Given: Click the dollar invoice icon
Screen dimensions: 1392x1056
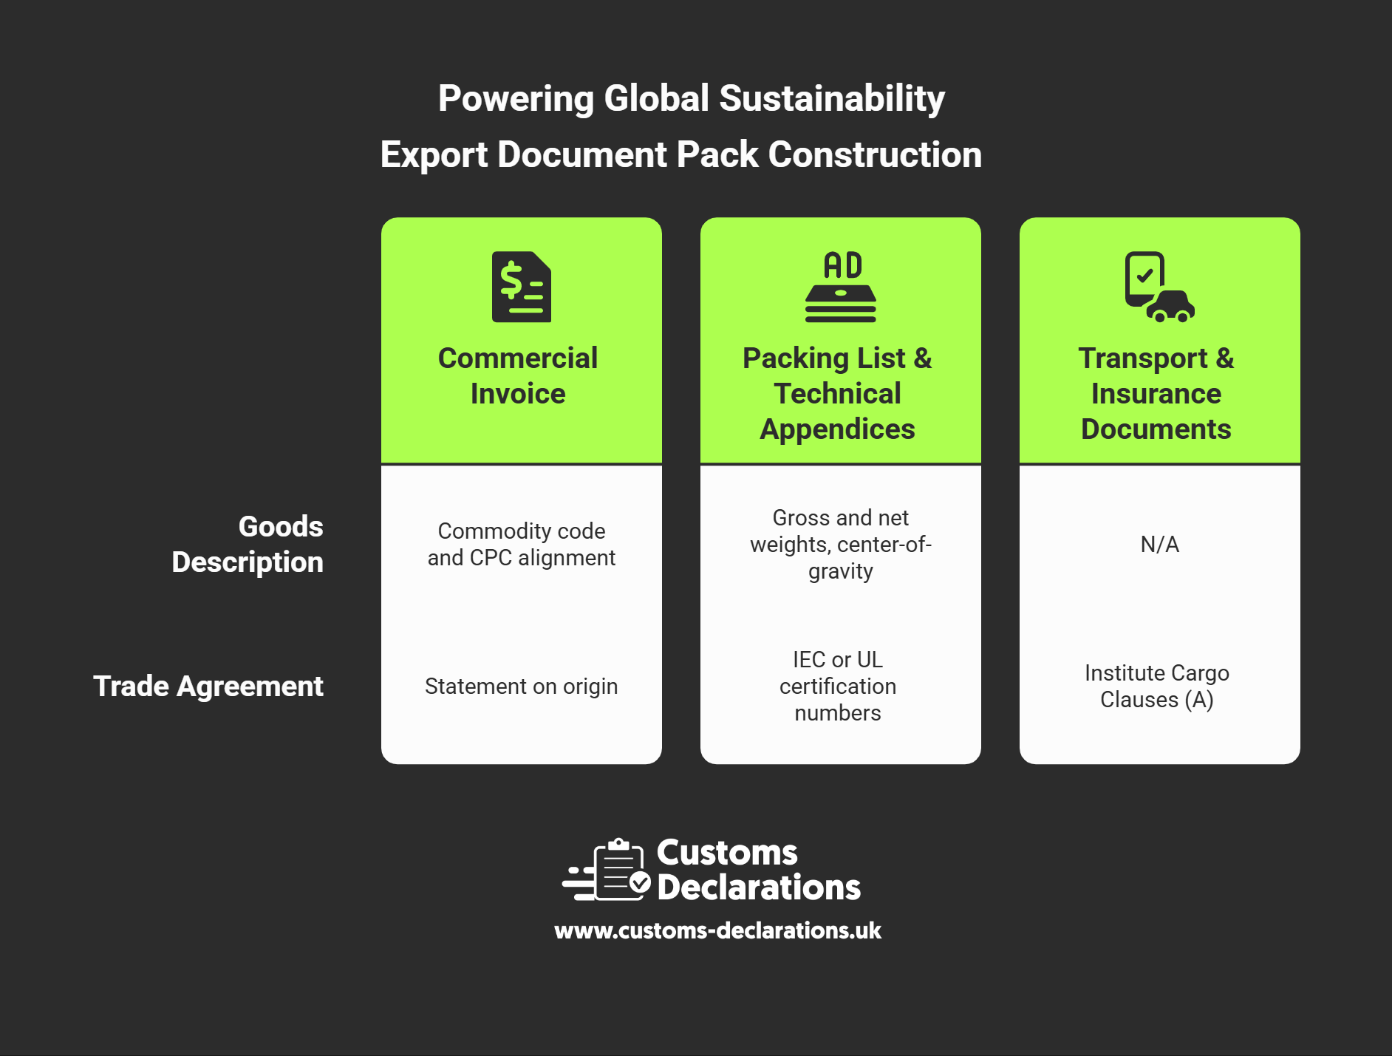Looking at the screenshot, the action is click(522, 287).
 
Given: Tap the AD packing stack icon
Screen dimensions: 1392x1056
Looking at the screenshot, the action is click(841, 287).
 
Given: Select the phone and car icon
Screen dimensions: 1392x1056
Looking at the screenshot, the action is click(1159, 287).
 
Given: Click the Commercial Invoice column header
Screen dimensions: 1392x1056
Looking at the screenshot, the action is click(518, 375).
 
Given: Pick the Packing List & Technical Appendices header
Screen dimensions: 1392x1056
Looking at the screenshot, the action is click(838, 393).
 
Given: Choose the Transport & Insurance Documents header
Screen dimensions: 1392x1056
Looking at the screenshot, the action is click(1156, 393).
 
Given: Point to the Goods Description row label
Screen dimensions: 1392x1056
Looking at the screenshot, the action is click(248, 544).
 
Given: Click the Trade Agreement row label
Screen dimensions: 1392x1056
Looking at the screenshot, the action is click(208, 687).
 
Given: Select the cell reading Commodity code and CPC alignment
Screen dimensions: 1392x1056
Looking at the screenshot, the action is click(522, 544).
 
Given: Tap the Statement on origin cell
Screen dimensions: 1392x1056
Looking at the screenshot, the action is click(522, 687).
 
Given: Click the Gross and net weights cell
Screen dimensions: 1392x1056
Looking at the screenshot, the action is click(841, 545).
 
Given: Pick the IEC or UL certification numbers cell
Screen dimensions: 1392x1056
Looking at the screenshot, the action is click(838, 686).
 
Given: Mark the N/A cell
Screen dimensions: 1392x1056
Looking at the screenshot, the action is click(1160, 545).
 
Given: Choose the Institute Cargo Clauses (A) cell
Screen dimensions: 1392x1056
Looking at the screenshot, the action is click(1157, 687).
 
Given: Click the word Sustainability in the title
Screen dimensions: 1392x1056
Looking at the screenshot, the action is click(832, 99).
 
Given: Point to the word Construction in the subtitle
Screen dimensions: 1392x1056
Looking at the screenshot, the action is click(875, 154).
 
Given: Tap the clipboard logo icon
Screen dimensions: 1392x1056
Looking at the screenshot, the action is click(607, 870).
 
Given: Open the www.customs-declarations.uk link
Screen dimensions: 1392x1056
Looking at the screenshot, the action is click(718, 930).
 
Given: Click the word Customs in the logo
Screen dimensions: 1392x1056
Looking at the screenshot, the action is click(727, 853).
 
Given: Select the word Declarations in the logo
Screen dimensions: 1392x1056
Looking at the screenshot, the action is click(759, 887).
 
